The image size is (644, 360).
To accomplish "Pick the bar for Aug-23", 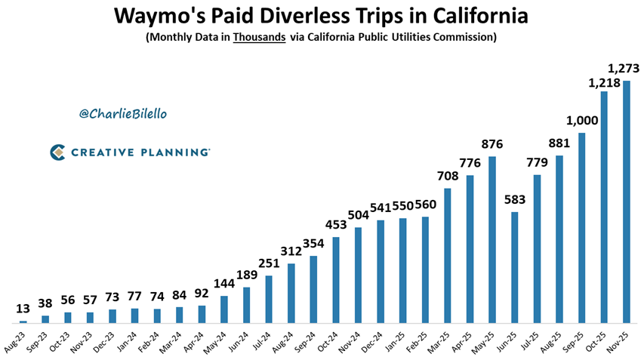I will click(x=23, y=322).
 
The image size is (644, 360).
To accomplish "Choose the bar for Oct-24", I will click(x=336, y=280).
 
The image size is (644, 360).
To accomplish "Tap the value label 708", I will click(x=448, y=177).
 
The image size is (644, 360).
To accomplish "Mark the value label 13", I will click(x=23, y=309).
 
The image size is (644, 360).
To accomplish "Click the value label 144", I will click(x=223, y=285).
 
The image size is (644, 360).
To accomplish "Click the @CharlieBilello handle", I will click(x=122, y=113).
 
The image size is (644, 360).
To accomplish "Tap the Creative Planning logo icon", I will click(x=57, y=152).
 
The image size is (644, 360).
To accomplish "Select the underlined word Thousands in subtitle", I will click(x=260, y=37).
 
